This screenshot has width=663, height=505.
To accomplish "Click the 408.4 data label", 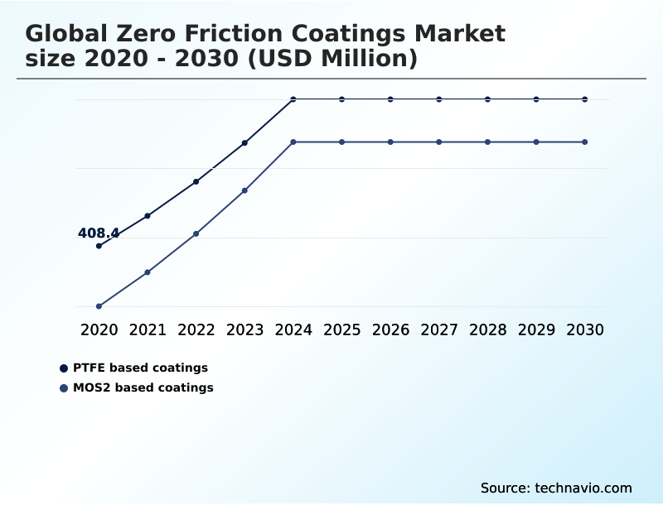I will (x=99, y=233).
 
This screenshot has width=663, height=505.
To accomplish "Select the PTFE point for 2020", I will (x=99, y=246).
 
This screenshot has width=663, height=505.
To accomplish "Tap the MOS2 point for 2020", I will (x=99, y=306).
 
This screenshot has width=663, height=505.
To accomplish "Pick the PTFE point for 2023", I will (x=244, y=143).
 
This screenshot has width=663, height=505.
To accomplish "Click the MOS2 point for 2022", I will (x=196, y=234).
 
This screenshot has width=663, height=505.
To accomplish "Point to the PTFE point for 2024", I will (x=293, y=99).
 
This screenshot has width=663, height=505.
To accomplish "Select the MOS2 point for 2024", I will (x=293, y=142).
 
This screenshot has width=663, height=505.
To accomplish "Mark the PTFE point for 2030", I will (x=585, y=99).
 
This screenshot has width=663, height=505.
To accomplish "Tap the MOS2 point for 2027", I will (x=439, y=142).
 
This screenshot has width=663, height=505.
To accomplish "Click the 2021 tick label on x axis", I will (x=148, y=329).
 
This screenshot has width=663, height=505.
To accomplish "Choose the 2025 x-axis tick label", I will (x=341, y=329).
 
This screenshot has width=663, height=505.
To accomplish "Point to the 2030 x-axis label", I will (x=585, y=329).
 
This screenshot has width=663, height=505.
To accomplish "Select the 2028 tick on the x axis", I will (x=487, y=329).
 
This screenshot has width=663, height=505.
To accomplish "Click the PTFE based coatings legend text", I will (x=140, y=368).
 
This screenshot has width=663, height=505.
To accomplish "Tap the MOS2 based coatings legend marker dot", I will (x=64, y=388).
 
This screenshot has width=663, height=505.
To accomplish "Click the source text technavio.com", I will (x=583, y=488).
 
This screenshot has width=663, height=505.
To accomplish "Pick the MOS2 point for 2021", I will (x=148, y=272).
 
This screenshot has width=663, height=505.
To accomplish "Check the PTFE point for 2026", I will (x=390, y=99).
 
